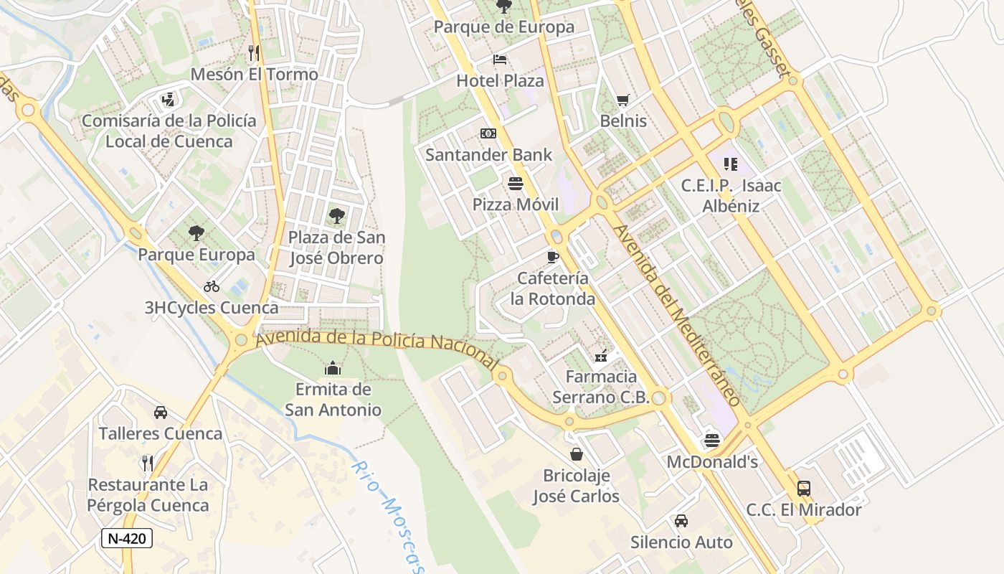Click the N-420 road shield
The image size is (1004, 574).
pyautogui.click(x=127, y=538)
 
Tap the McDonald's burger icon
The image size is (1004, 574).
pyautogui.click(x=711, y=440)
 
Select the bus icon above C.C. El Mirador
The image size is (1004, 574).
pyautogui.click(x=804, y=489)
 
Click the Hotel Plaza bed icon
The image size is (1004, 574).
pyautogui.click(x=500, y=60)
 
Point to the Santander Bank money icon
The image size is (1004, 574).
pyautogui.click(x=488, y=133)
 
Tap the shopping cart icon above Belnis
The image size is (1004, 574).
pyautogui.click(x=622, y=100)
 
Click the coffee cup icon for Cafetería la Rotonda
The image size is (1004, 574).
pyautogui.click(x=552, y=256)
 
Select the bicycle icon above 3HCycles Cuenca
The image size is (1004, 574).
pyautogui.click(x=212, y=286)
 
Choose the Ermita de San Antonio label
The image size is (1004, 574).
pyautogui.click(x=333, y=400)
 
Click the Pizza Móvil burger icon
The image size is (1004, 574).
pyautogui.click(x=515, y=184)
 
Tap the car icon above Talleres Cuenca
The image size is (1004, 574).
pyautogui.click(x=161, y=413)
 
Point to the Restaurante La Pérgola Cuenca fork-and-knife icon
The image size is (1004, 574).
pyautogui.click(x=148, y=463)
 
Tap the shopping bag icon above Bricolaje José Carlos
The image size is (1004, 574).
pyautogui.click(x=576, y=454)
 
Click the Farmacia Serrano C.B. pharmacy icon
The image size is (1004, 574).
pyautogui.click(x=601, y=355)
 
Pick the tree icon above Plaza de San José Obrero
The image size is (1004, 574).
pyautogui.click(x=336, y=216)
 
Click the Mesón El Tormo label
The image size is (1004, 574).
pyautogui.click(x=254, y=74)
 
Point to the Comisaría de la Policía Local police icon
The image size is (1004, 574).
pyautogui.click(x=169, y=99)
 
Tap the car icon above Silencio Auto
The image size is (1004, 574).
pyautogui.click(x=681, y=520)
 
